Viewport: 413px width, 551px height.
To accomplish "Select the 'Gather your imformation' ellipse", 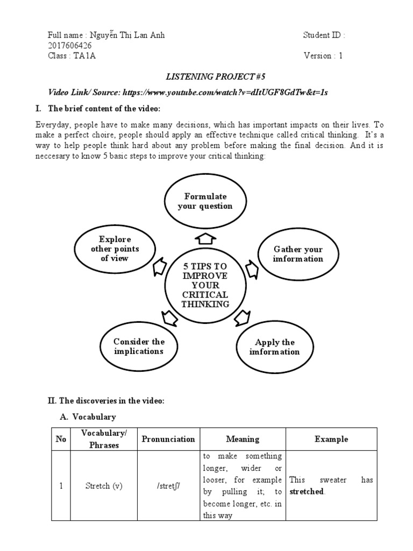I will tap(298, 254).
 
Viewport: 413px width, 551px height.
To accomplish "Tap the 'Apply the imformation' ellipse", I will tap(274, 347).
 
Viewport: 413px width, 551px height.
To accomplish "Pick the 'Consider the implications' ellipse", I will tap(139, 347).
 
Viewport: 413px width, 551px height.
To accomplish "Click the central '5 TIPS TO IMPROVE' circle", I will tap(205, 285).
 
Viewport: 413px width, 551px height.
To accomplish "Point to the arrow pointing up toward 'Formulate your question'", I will tap(205, 238).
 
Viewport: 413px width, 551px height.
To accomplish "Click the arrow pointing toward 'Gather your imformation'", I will tap(251, 267).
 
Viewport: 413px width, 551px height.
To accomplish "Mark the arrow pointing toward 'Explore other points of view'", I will tap(160, 267).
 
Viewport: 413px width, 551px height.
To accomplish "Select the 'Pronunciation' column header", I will tap(168, 439).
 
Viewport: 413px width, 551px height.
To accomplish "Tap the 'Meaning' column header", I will tap(242, 439).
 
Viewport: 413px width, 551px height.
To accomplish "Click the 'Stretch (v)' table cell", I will tap(104, 486).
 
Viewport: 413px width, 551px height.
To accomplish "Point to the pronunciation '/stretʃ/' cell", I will tap(168, 486).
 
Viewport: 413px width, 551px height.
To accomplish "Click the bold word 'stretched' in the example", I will tap(307, 492).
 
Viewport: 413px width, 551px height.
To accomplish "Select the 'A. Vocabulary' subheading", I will tap(88, 416).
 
